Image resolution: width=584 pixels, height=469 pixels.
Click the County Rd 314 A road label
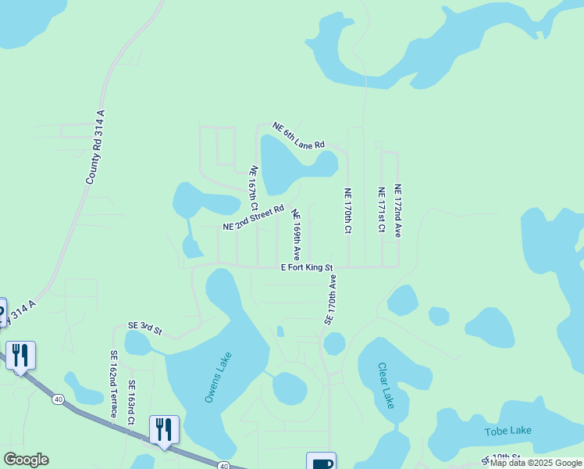pos(95,147)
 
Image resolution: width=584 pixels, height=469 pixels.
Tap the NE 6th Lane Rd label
pos(298,136)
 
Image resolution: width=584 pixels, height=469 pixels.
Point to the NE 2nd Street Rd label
pos(253,218)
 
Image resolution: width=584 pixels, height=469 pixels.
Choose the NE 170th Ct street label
pos(348,211)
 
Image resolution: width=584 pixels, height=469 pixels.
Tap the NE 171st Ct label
pos(381,210)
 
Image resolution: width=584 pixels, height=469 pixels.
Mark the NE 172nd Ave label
pos(397,210)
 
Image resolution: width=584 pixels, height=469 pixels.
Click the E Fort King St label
pos(307,267)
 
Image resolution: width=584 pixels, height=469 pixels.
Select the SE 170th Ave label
pos(331,299)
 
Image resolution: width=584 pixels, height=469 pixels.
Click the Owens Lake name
pos(218,378)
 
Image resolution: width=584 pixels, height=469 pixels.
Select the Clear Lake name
pos(386,385)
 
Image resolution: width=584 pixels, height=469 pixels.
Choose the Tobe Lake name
pos(507,431)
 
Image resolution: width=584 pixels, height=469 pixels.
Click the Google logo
pos(26,460)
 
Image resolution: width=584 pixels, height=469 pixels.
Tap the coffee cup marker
pos(321,462)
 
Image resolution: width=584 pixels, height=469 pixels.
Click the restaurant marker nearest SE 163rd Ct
pos(164,430)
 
